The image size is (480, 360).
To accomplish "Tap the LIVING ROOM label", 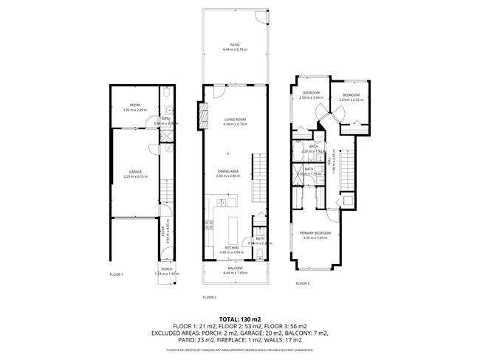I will tap(234, 120).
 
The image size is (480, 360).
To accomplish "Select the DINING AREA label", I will tap(230, 171).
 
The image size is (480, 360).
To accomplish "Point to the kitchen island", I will tap(232, 226).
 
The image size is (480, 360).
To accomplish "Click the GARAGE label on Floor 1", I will tap(136, 172).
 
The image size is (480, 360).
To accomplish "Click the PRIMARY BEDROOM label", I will tap(315, 233).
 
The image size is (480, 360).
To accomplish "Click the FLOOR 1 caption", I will tap(116, 274).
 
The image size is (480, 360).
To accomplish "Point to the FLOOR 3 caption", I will tap(303, 283).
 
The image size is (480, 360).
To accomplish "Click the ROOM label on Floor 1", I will tap(136, 105).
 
